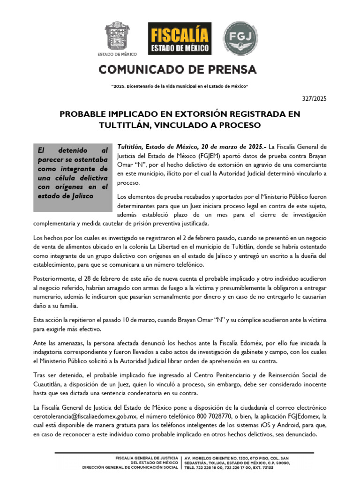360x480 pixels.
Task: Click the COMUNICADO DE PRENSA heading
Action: [x=178, y=70]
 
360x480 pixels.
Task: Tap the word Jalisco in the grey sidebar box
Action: [x=78, y=195]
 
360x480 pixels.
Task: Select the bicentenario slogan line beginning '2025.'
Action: [x=180, y=87]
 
